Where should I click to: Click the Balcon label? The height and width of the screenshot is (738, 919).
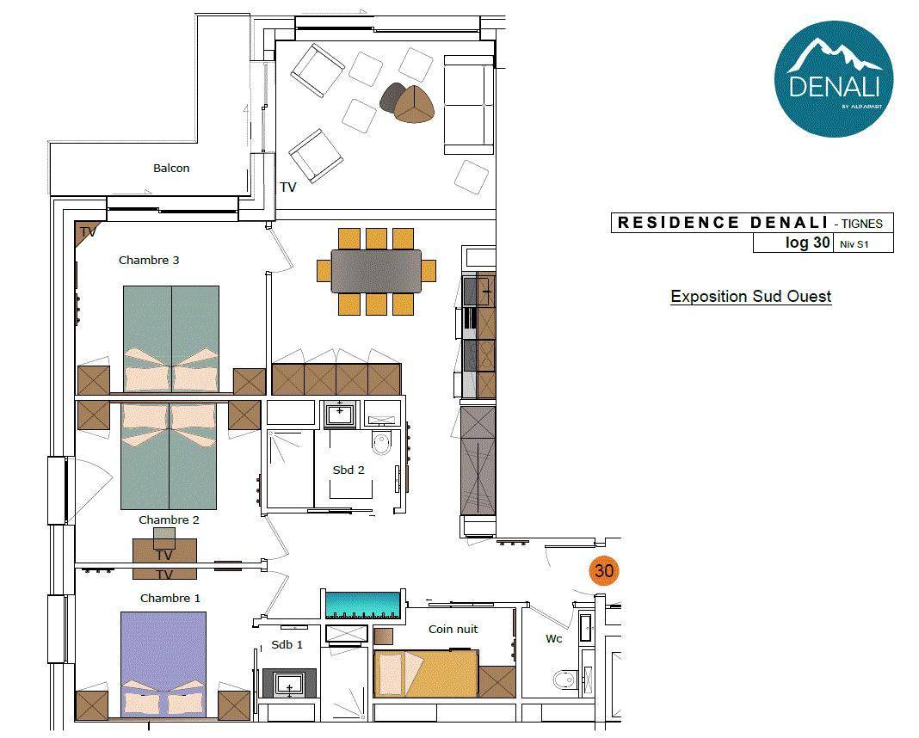(x=171, y=168)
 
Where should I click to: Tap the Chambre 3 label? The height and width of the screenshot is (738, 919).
(x=149, y=260)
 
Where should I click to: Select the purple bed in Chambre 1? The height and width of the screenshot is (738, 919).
(x=163, y=665)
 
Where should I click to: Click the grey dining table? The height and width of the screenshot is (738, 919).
(x=376, y=271)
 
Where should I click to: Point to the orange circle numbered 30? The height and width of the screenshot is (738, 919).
(x=604, y=570)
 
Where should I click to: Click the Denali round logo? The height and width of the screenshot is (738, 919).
(x=834, y=79)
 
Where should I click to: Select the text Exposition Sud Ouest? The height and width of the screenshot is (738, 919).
(x=751, y=297)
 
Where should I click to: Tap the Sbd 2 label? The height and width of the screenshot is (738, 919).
(x=348, y=470)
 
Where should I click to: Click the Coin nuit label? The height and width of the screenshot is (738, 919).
(x=453, y=629)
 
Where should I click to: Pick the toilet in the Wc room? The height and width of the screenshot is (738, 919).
(x=564, y=680)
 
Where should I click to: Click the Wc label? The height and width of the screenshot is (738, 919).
(x=554, y=638)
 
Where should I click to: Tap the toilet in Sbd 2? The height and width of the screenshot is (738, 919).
(x=381, y=443)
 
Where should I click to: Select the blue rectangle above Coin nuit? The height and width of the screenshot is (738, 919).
(x=363, y=603)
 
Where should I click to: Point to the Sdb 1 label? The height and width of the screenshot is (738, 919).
(x=287, y=645)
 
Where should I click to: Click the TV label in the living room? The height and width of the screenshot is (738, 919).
(x=287, y=187)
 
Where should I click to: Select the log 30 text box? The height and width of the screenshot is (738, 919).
(x=793, y=243)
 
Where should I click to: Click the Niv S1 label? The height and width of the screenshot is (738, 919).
(x=854, y=244)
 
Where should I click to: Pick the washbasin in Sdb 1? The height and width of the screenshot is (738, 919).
(x=289, y=684)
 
